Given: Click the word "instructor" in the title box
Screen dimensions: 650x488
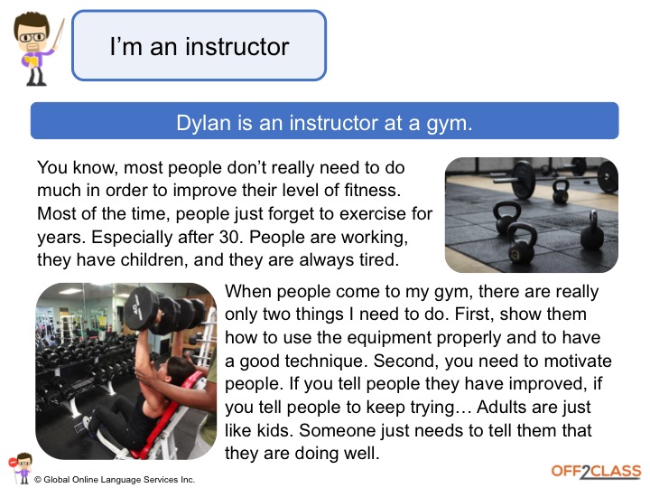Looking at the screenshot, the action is click(237, 46).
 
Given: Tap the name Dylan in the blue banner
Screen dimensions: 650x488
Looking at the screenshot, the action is click(203, 123).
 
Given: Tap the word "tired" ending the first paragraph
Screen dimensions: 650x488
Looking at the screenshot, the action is click(376, 259).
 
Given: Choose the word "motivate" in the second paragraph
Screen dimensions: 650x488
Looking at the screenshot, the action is click(578, 361).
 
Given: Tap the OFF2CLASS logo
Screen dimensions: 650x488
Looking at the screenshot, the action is click(596, 472).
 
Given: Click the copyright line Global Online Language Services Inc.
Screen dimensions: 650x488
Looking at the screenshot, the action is click(115, 480).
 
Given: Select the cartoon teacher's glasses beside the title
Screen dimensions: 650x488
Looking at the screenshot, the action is click(32, 37).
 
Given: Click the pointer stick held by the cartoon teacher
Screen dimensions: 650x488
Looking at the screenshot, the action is click(58, 35).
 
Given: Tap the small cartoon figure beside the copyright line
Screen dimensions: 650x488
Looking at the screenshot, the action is click(21, 468).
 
